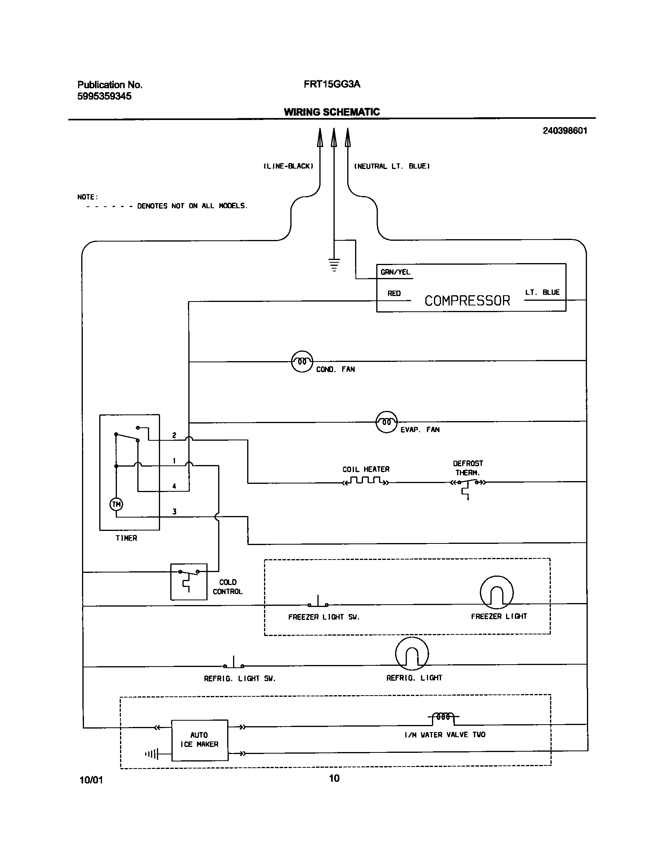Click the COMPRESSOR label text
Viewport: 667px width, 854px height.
(x=467, y=301)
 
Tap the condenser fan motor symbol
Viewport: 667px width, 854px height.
(x=302, y=362)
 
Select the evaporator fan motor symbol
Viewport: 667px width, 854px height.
(x=386, y=422)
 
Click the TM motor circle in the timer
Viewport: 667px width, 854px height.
(x=116, y=504)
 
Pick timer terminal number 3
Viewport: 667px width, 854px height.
(x=175, y=512)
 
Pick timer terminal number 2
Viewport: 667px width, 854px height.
(x=175, y=435)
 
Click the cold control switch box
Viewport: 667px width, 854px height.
(x=189, y=582)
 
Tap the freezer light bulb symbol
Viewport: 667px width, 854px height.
(x=496, y=592)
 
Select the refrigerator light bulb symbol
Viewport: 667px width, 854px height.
(x=412, y=654)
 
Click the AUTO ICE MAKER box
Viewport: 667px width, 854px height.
(x=200, y=740)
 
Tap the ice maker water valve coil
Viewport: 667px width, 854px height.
(x=443, y=717)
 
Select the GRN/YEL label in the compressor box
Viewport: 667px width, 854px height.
(x=395, y=272)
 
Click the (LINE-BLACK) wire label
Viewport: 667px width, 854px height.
(x=288, y=166)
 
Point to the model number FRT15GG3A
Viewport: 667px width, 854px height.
(x=332, y=84)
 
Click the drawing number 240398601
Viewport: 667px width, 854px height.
(x=565, y=131)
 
